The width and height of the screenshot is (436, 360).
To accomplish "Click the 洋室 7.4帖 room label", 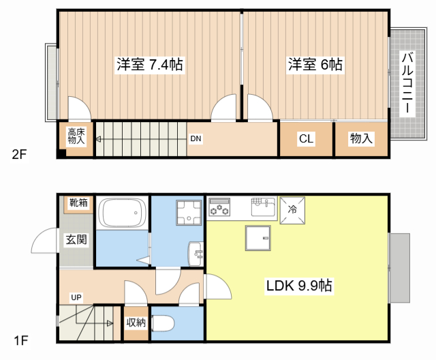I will (x=149, y=65).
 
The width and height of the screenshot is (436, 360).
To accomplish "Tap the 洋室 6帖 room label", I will (x=315, y=65).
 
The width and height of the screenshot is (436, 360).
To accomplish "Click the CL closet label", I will (x=306, y=139).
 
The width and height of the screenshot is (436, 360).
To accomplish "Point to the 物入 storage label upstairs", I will (x=361, y=139).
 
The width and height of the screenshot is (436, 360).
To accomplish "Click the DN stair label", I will (x=196, y=139).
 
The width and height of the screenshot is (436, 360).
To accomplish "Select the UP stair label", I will (x=76, y=297).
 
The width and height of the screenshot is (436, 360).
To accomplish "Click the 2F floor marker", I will (x=19, y=154).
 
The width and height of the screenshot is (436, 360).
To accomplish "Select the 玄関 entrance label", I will (x=76, y=239).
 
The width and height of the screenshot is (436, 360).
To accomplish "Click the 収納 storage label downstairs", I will (x=136, y=322).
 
